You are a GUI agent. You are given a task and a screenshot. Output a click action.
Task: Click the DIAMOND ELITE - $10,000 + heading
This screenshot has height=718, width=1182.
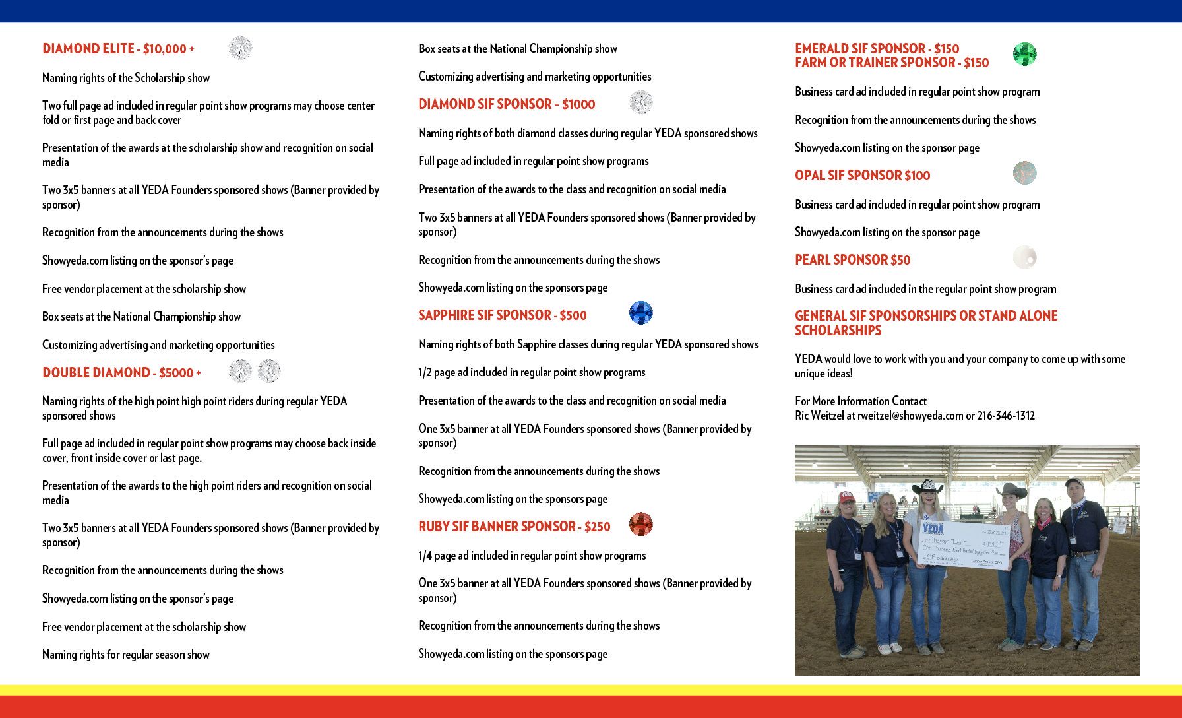point(118,49)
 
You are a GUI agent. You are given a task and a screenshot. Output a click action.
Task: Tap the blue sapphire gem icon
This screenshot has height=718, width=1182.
point(640,313)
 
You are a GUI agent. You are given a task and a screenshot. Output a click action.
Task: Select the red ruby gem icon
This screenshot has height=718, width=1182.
point(640,525)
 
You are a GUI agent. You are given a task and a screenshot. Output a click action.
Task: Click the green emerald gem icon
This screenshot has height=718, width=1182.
point(1024,54)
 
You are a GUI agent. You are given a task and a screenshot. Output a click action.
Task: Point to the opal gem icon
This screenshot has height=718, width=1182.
point(1024,173)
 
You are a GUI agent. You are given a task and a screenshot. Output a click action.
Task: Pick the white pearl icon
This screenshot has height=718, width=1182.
point(1024,257)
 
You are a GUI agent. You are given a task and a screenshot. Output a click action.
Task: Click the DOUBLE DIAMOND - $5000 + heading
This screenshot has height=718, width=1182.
point(121,373)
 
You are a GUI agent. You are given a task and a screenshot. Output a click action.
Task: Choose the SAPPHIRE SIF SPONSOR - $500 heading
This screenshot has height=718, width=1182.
point(502,315)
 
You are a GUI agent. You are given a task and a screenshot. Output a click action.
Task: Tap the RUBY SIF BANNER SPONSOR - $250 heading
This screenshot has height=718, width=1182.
point(514,527)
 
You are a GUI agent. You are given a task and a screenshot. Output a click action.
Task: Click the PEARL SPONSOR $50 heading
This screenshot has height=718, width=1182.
point(852,260)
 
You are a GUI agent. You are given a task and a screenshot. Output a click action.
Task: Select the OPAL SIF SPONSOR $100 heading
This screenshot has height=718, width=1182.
point(862,176)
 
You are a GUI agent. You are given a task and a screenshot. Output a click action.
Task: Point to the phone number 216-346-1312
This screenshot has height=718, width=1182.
point(1006,416)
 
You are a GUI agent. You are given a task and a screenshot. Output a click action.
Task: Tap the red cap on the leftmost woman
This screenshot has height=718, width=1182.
point(846,497)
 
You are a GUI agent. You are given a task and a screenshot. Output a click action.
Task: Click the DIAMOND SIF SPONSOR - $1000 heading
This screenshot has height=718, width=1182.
point(507,104)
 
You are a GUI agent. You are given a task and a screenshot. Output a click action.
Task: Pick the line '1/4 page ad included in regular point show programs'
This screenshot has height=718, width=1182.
point(532,556)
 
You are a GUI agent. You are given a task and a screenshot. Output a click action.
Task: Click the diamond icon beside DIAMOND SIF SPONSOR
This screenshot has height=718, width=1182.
point(640,102)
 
